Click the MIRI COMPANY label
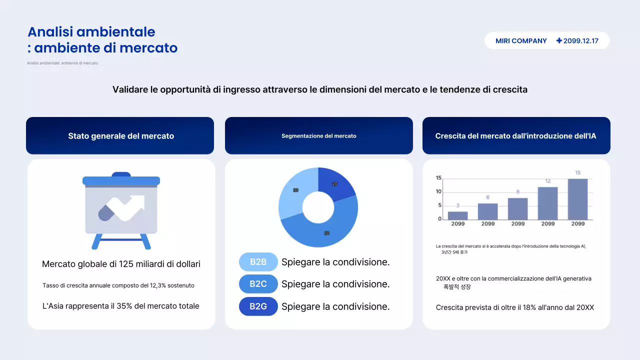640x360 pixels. coord(521,41)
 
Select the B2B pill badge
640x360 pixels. coord(258,262)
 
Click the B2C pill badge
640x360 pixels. coord(258,284)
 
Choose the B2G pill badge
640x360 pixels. coord(258,306)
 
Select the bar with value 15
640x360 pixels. coord(577,199)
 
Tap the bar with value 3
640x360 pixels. coord(457,215)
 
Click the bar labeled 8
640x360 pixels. coord(517,208)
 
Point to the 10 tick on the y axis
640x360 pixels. coord(438,191)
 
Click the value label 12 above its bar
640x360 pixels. coord(547,181)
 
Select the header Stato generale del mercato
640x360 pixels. coord(121,136)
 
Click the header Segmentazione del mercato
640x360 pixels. coord(318,136)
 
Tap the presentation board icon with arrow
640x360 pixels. coord(121,210)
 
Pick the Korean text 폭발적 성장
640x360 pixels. coord(457,287)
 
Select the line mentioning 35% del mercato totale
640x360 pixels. coord(121,306)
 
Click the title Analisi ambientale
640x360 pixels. coord(91,32)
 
